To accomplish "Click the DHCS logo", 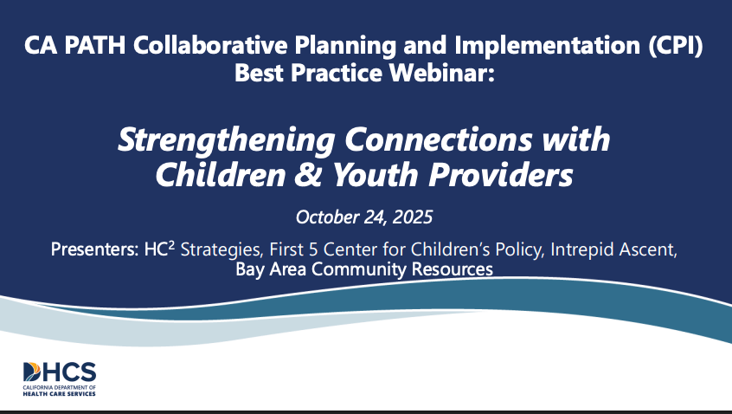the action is click(x=60, y=379).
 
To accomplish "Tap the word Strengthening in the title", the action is click(x=227, y=140).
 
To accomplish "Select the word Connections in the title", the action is click(x=439, y=139).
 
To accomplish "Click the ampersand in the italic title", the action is click(x=308, y=175).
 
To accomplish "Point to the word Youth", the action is click(x=375, y=175).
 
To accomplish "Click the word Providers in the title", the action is click(x=501, y=175).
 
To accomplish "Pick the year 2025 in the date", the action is click(x=413, y=217).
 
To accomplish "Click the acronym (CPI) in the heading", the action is click(x=676, y=45).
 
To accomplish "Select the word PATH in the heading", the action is click(x=95, y=45).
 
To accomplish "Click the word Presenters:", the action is click(x=95, y=249).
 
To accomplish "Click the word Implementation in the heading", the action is click(x=547, y=46).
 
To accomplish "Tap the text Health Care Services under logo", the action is click(x=60, y=394).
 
